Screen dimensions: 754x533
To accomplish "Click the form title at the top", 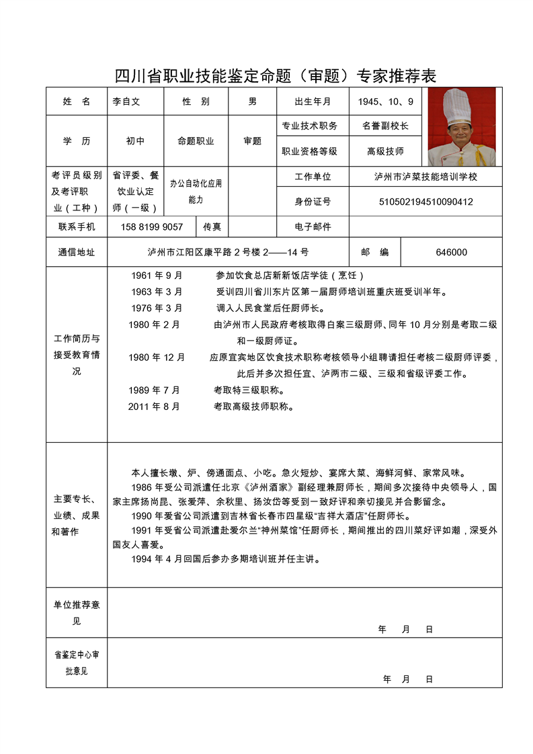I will coord(276,75).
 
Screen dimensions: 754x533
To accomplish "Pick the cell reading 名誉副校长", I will coord(386,126).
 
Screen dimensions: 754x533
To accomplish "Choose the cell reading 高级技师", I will coord(386,151).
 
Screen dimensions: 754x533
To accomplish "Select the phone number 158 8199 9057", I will coord(152,226).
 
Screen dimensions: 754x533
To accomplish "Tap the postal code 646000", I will coord(452,252).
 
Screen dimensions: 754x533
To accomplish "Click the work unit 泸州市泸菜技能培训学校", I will coord(426,177).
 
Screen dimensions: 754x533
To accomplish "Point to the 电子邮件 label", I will coord(313,226).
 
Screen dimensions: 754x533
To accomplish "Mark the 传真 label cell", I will coord(212,226).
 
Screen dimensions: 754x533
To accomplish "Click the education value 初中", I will coord(135,141).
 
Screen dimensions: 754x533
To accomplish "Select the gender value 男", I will coord(253,101).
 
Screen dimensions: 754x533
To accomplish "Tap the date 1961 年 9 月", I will coord(157,276).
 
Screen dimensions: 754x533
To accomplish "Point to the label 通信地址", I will coord(77,252).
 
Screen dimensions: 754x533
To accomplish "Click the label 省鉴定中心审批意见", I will coord(77,662).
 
